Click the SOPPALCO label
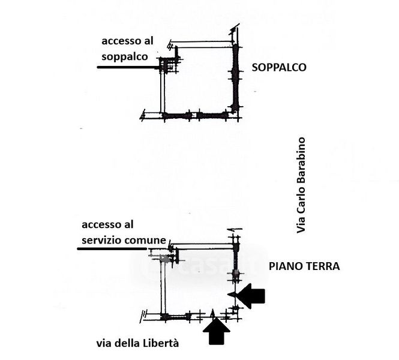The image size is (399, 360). pyautogui.click(x=279, y=68)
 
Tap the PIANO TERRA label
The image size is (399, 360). pyautogui.click(x=304, y=266)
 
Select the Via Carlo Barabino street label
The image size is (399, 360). pyautogui.click(x=301, y=185)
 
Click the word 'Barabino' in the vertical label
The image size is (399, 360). pyautogui.click(x=301, y=165)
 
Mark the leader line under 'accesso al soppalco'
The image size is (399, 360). pyautogui.click(x=129, y=67)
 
